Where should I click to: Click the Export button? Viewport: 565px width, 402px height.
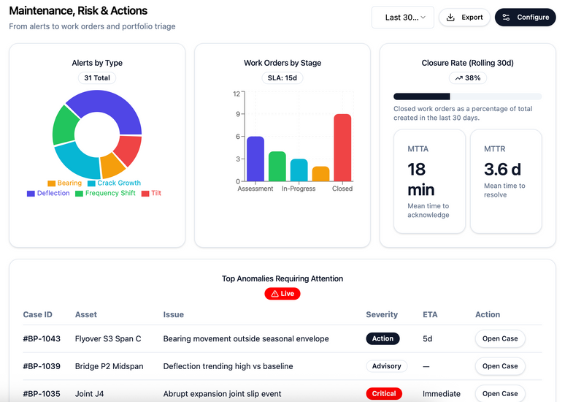(x=464, y=17)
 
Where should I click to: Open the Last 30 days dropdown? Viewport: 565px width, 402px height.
(x=402, y=17)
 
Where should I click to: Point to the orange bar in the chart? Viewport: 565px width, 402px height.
(x=320, y=174)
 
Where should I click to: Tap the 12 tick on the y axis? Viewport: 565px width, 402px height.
(x=237, y=93)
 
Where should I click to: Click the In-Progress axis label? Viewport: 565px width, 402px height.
(x=299, y=189)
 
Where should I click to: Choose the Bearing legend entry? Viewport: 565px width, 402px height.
(x=65, y=183)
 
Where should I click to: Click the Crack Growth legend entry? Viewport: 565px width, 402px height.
(x=114, y=183)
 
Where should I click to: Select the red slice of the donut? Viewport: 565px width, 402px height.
(x=127, y=151)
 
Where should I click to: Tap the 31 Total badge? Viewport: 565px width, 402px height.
(x=97, y=77)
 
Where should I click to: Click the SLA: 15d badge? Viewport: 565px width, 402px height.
(x=282, y=77)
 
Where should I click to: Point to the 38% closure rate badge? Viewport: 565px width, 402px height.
(x=467, y=77)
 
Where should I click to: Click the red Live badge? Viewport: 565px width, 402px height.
(x=282, y=294)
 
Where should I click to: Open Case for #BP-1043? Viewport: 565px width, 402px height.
(x=500, y=338)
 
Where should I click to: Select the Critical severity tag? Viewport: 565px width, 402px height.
(x=384, y=393)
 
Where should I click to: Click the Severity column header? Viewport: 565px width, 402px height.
(x=382, y=314)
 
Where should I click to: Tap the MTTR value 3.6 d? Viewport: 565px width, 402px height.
(x=502, y=169)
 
